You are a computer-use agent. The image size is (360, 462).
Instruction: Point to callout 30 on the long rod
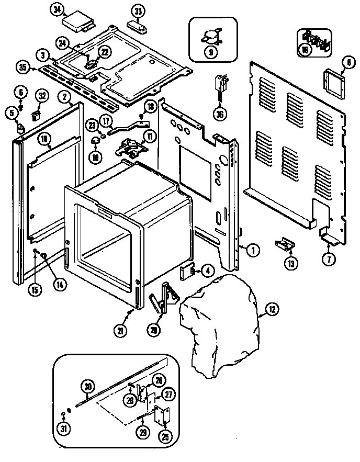[x=87, y=387]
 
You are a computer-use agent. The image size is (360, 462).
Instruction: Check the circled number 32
[x=41, y=95]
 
